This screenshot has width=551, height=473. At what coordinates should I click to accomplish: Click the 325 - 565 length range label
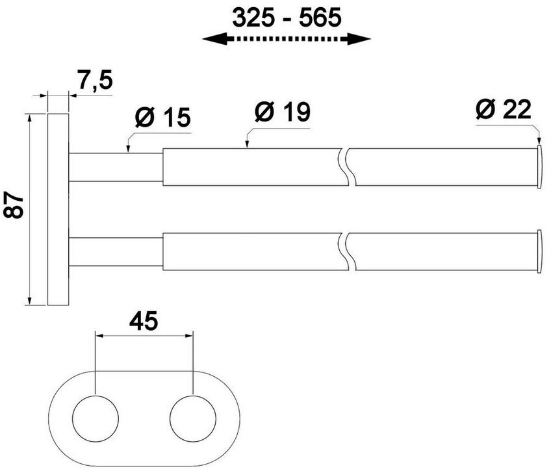pyautogui.click(x=287, y=18)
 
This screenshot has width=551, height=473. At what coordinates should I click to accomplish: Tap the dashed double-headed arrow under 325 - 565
pyautogui.click(x=287, y=40)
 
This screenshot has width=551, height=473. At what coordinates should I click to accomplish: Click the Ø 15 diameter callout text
pyautogui.click(x=162, y=118)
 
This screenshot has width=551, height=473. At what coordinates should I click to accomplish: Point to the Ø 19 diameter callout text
pyautogui.click(x=282, y=112)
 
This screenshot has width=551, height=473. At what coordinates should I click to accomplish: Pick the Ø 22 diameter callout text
pyautogui.click(x=503, y=109)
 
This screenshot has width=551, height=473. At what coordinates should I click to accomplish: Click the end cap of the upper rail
pyautogui.click(x=539, y=168)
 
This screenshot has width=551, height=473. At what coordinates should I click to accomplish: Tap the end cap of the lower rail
pyautogui.click(x=539, y=249)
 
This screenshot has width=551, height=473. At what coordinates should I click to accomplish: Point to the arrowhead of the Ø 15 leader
pyautogui.click(x=129, y=149)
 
